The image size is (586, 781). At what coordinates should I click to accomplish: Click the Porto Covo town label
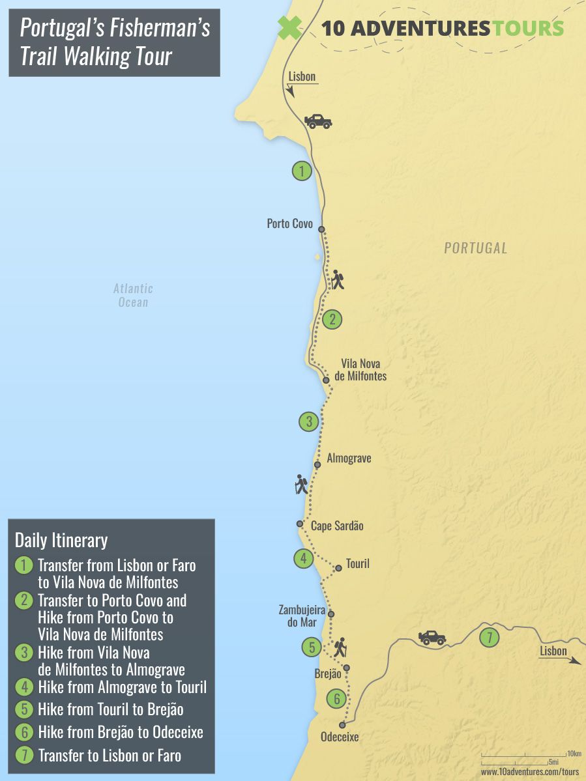[289, 223]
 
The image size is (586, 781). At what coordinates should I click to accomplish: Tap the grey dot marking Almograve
[317, 464]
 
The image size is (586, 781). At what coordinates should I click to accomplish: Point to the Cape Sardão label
[336, 526]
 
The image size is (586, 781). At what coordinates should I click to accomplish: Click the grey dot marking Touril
[338, 568]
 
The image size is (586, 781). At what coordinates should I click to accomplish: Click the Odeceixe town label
[340, 737]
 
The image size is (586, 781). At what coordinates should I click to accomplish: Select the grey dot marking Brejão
[347, 668]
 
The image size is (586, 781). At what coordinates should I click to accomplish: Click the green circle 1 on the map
[301, 171]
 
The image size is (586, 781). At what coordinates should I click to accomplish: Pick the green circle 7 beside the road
[489, 638]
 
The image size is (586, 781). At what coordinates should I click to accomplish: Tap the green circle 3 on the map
[309, 421]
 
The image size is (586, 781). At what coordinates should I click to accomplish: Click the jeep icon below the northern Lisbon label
[318, 121]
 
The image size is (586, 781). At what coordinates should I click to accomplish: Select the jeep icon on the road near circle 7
[432, 637]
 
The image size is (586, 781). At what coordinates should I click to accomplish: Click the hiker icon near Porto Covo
[337, 280]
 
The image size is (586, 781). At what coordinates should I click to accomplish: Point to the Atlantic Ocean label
[133, 295]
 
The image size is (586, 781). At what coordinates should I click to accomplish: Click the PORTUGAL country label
[475, 248]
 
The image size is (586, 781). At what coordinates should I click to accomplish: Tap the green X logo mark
[290, 28]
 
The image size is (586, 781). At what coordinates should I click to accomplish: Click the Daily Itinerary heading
[61, 540]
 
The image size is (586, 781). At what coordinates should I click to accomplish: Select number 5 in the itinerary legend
[23, 709]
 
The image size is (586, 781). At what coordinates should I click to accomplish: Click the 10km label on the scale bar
[574, 753]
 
